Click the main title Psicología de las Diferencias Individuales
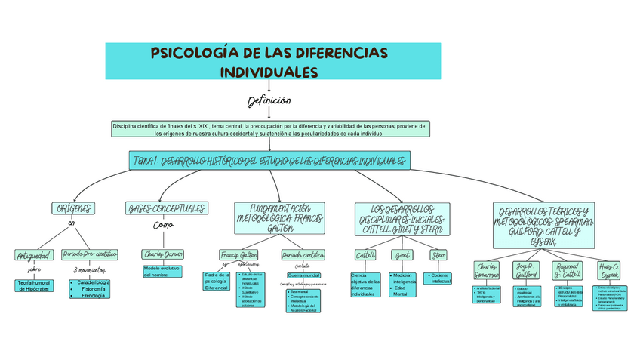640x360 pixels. click(270, 62)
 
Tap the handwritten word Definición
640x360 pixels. click(269, 101)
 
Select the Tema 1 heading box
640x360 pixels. click(270, 161)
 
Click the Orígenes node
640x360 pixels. click(73, 208)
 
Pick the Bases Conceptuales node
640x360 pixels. click(166, 208)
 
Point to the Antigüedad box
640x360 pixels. click(34, 255)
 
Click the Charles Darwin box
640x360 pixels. click(163, 254)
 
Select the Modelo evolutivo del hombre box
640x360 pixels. click(163, 271)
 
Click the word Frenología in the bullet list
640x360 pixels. click(94, 295)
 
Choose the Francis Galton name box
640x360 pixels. click(238, 254)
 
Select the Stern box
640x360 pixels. click(438, 255)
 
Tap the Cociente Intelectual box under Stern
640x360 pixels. click(440, 278)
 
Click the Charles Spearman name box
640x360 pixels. click(487, 271)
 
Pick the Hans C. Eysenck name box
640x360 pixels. click(609, 271)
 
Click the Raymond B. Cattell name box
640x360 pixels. click(568, 271)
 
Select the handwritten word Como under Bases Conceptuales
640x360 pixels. click(163, 225)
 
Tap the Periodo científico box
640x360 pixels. click(303, 254)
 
